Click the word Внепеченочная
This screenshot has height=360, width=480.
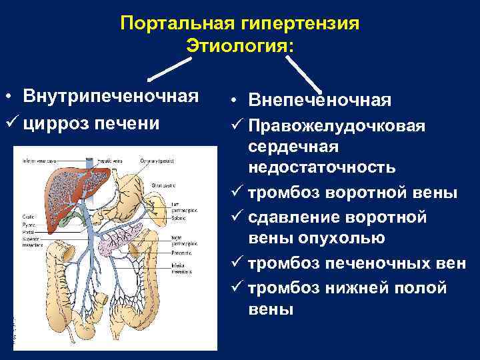point(319,101)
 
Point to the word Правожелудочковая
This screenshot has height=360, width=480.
point(337,125)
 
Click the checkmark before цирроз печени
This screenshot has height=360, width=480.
point(9,123)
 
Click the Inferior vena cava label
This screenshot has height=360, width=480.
point(37,161)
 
